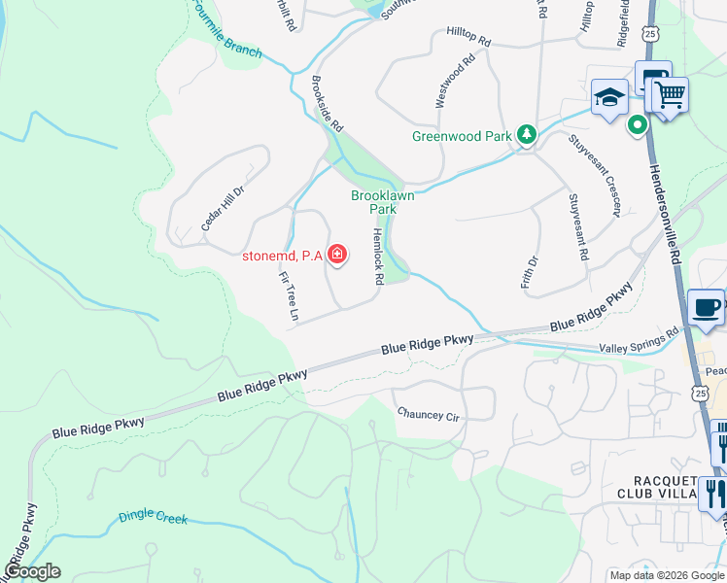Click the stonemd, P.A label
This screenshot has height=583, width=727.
(x=282, y=257)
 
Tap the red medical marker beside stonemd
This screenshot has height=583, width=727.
(x=337, y=256)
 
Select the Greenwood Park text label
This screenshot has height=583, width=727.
(x=461, y=136)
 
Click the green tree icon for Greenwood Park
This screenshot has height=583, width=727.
(x=526, y=134)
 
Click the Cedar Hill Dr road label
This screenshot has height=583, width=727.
(x=224, y=207)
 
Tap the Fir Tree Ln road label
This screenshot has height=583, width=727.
(x=288, y=296)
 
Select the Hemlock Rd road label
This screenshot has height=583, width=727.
(x=377, y=257)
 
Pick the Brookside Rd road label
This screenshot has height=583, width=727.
(x=329, y=105)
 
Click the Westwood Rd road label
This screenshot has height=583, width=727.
(x=455, y=80)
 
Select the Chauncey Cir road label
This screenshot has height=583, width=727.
(x=427, y=414)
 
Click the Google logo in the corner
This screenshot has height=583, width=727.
(x=32, y=571)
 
